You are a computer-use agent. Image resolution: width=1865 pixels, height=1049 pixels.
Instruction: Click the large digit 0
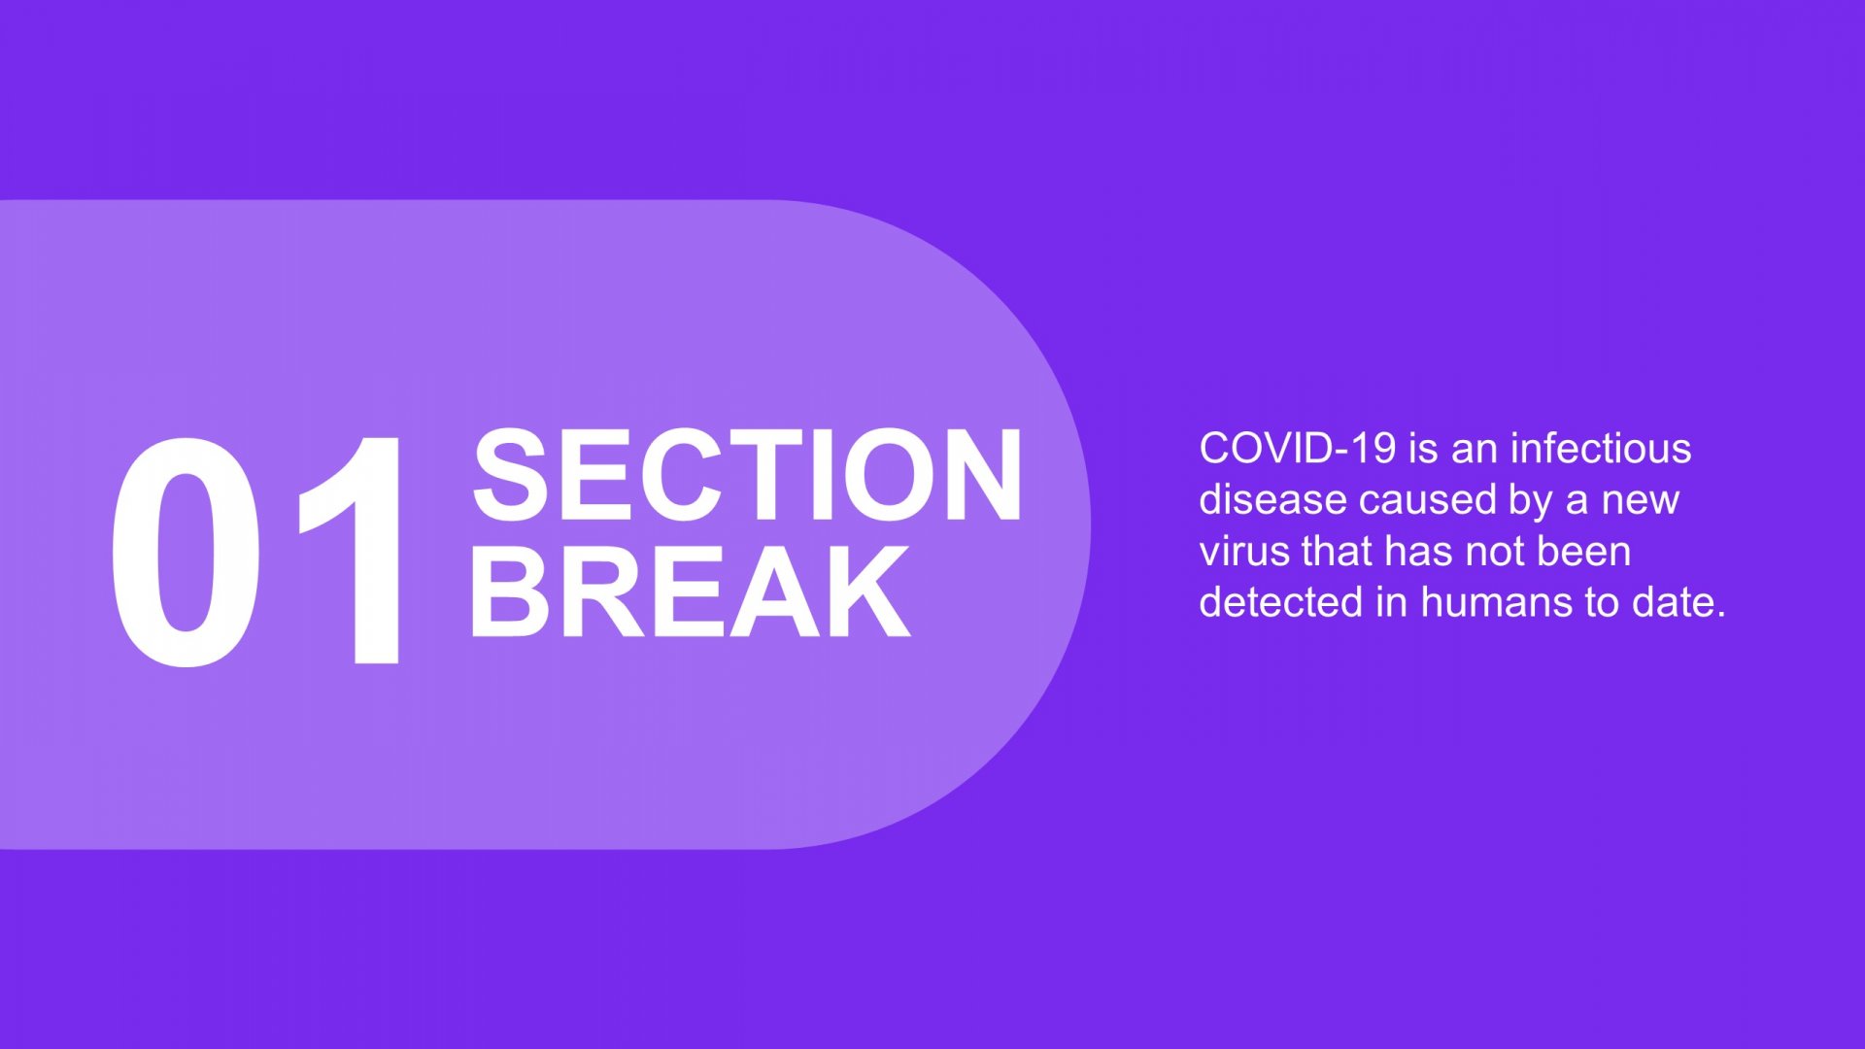[186, 553]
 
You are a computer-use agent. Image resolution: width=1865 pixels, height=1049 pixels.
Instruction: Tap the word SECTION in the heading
[747, 475]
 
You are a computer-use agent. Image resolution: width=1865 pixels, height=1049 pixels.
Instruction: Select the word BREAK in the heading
[691, 591]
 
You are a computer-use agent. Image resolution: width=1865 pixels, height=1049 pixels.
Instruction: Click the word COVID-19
[1298, 449]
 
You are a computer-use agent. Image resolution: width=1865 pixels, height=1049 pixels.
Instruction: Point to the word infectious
[1601, 449]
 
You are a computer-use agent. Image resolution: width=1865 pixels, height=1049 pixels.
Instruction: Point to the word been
[1584, 552]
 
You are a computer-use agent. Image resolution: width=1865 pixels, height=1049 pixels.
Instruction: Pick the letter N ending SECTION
[981, 475]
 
